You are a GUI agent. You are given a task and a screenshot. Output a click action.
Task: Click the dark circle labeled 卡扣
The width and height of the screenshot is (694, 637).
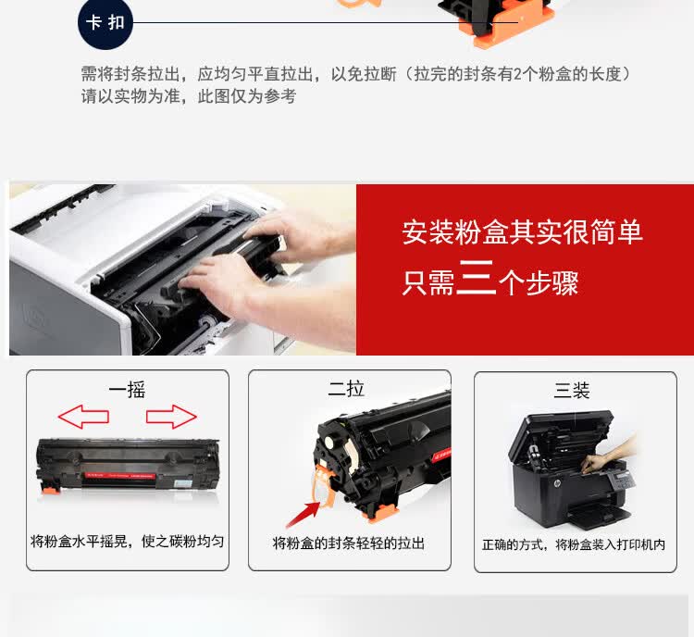tap(105, 22)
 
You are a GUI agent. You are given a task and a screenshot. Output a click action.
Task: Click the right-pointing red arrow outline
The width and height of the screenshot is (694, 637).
tap(171, 418)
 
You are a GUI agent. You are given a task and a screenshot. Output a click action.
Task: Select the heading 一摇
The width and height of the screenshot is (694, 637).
tap(127, 390)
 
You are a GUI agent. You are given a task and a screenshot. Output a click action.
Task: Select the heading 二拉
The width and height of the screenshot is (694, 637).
tap(346, 390)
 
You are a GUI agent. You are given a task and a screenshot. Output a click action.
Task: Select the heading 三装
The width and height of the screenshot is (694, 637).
tap(572, 391)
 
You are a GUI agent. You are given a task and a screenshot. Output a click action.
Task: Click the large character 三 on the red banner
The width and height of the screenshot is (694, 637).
tap(476, 279)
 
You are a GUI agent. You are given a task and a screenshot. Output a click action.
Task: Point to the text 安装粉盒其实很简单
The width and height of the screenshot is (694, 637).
tap(522, 231)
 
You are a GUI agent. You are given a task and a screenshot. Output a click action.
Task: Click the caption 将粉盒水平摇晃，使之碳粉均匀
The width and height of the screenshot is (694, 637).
tap(127, 541)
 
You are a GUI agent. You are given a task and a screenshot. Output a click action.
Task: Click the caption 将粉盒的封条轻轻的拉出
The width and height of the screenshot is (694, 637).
tap(349, 543)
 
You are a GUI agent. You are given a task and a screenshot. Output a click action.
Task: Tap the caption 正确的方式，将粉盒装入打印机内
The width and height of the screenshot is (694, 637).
tap(573, 544)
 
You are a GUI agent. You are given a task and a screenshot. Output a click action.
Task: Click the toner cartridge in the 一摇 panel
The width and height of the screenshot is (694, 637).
tap(128, 468)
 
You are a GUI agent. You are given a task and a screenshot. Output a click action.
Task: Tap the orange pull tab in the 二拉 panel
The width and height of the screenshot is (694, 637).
tap(323, 486)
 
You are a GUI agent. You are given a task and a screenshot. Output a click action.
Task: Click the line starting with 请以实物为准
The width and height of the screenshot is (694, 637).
tap(188, 96)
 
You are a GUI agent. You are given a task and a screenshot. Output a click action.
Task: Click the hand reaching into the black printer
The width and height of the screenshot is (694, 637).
tap(616, 450)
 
